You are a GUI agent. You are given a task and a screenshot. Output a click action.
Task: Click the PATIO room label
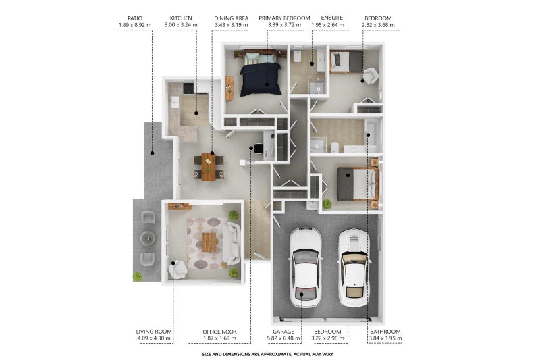pyautogui.click(x=134, y=18)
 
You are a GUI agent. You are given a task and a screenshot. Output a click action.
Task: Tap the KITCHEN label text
pyautogui.click(x=181, y=18)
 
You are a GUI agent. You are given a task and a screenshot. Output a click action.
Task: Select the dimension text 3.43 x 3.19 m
pyautogui.click(x=231, y=25)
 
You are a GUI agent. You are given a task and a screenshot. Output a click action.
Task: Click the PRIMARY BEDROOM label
pyautogui.click(x=284, y=18)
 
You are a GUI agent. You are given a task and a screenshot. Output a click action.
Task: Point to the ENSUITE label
pyautogui.click(x=331, y=18)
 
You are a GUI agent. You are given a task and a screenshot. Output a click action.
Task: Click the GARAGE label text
pyautogui.click(x=283, y=332)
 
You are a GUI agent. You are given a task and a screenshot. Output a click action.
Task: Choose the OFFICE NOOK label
pyautogui.click(x=220, y=332)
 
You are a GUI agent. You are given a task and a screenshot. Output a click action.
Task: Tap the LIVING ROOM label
pyautogui.click(x=154, y=332)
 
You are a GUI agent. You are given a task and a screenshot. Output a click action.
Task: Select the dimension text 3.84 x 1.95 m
pyautogui.click(x=385, y=338)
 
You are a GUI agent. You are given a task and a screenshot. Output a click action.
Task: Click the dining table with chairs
pyautogui.click(x=209, y=167)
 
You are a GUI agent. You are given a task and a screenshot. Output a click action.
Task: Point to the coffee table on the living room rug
pyautogui.click(x=209, y=242)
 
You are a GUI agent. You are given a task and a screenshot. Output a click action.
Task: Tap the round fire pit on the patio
pyautogui.click(x=148, y=238)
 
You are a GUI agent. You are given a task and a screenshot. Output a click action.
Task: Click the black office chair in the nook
pyautogui.click(x=259, y=149)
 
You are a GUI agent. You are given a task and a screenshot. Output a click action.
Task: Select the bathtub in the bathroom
pyautogui.click(x=372, y=135)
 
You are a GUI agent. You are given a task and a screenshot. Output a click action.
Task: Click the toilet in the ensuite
pyautogui.click(x=297, y=56)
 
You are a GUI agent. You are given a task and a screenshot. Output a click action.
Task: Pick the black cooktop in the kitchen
pyautogui.click(x=188, y=88)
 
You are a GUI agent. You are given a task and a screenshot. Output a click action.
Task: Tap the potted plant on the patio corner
pyautogui.click(x=138, y=276)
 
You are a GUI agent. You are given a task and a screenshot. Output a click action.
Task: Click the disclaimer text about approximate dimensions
pyautogui.click(x=267, y=354)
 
